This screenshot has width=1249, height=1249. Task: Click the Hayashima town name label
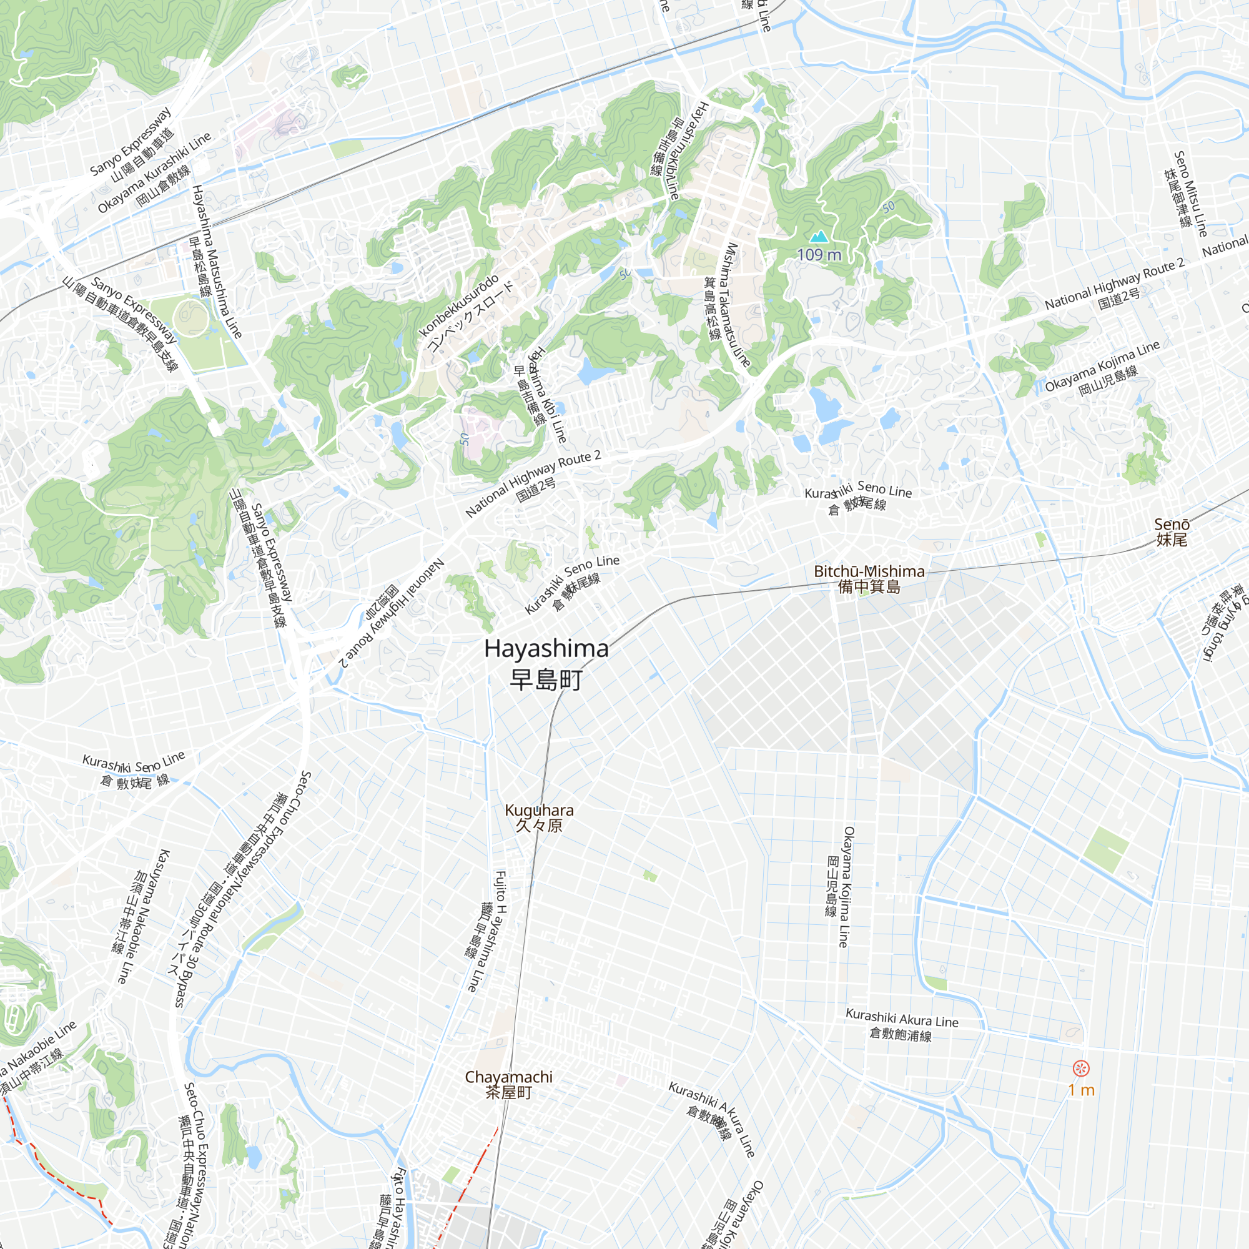[546, 649]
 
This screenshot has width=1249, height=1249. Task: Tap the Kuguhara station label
[538, 810]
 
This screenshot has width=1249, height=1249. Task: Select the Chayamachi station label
[509, 1077]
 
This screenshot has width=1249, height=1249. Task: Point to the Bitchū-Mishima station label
[869, 571]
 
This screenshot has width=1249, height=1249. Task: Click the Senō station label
[1172, 525]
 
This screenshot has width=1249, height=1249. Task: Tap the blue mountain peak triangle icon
[819, 237]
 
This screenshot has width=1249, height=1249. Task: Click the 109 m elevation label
[819, 255]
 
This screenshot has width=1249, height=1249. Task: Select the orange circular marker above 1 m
[1081, 1068]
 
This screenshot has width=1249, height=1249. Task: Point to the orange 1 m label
[1081, 1090]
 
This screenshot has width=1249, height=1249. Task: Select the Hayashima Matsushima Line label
[217, 262]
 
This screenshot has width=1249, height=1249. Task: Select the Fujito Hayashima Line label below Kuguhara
[490, 931]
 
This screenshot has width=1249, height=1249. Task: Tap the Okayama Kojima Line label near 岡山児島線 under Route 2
[1102, 366]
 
